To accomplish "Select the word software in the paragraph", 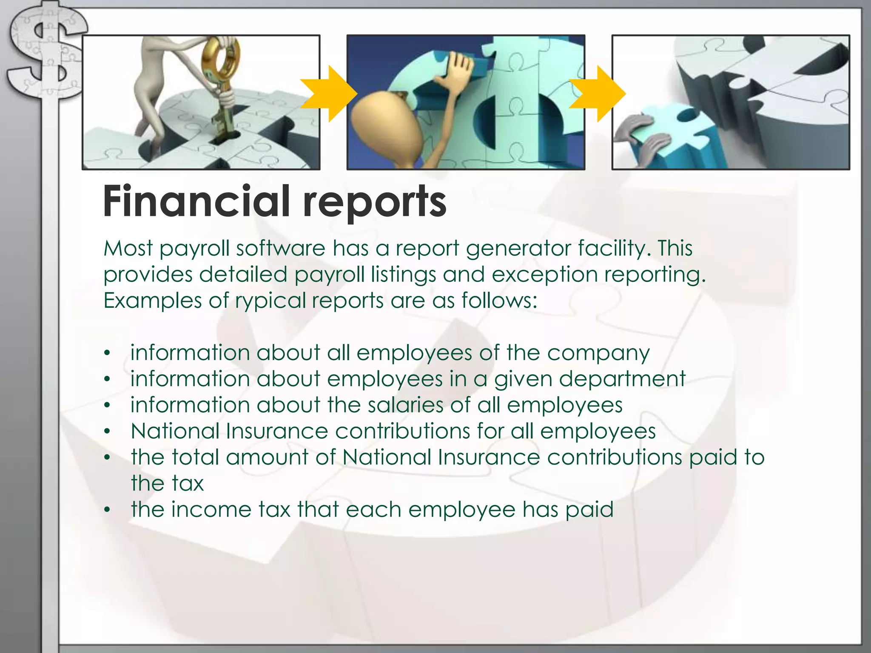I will tap(280, 248).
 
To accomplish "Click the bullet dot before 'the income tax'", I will tap(108, 510).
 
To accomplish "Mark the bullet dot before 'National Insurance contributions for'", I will tap(108, 432).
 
